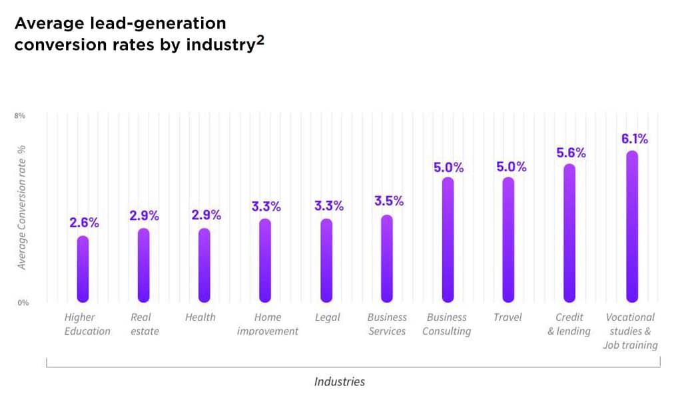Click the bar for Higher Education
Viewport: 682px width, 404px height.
click(x=83, y=269)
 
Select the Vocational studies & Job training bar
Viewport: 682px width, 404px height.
click(x=632, y=227)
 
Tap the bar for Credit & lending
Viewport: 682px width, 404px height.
click(x=569, y=233)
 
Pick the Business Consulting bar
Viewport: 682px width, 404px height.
click(x=448, y=239)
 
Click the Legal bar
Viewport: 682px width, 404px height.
click(x=326, y=260)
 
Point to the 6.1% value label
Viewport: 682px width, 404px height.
click(x=635, y=139)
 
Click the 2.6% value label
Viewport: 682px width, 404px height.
click(x=84, y=223)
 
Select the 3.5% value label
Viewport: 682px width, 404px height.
click(x=388, y=201)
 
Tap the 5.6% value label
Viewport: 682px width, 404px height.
click(x=571, y=153)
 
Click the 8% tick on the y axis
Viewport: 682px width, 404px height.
click(x=20, y=116)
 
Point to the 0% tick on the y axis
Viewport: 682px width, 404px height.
click(x=23, y=303)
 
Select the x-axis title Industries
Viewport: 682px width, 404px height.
click(x=340, y=381)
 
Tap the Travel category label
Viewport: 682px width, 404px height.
click(x=508, y=317)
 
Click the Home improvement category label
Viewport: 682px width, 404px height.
click(x=268, y=324)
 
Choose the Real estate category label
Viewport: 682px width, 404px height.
click(x=145, y=324)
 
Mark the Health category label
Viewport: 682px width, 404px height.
click(x=200, y=317)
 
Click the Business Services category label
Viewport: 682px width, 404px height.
click(x=387, y=324)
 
